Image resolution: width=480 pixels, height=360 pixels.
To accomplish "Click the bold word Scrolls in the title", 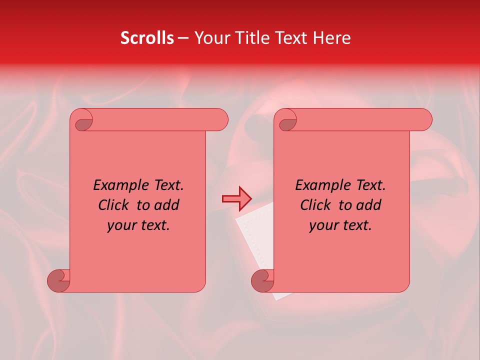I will click(147, 38).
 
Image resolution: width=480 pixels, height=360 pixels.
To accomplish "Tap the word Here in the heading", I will click(332, 38).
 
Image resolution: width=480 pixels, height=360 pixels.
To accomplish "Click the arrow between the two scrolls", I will click(236, 198).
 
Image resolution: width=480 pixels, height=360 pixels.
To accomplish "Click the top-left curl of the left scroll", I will click(83, 121).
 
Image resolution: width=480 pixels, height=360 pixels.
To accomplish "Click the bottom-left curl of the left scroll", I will click(59, 281).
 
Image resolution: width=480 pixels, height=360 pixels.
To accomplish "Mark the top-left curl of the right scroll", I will click(287, 121).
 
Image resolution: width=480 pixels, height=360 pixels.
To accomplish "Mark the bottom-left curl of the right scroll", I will click(263, 281).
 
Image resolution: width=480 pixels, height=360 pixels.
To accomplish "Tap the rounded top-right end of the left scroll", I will click(220, 119).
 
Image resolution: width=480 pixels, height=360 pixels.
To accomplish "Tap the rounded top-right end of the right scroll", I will click(424, 119).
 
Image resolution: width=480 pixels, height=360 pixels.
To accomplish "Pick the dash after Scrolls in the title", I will click(183, 38).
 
